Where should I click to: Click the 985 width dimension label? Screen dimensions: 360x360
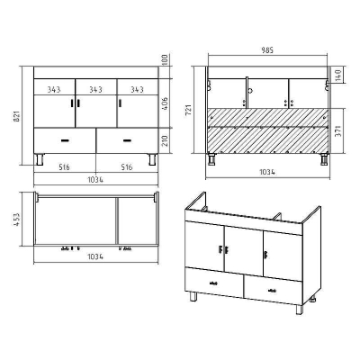267,50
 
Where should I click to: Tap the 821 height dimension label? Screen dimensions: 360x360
17,116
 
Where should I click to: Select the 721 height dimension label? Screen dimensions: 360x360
188,111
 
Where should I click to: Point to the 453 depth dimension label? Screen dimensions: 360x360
17,220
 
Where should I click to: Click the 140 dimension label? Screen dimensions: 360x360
338,76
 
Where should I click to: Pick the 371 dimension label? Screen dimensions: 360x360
338,131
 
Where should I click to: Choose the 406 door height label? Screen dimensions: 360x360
166,103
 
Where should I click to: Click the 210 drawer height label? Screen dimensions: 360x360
166,140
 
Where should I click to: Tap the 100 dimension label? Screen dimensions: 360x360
166,60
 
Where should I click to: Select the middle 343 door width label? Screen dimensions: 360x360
95,89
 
